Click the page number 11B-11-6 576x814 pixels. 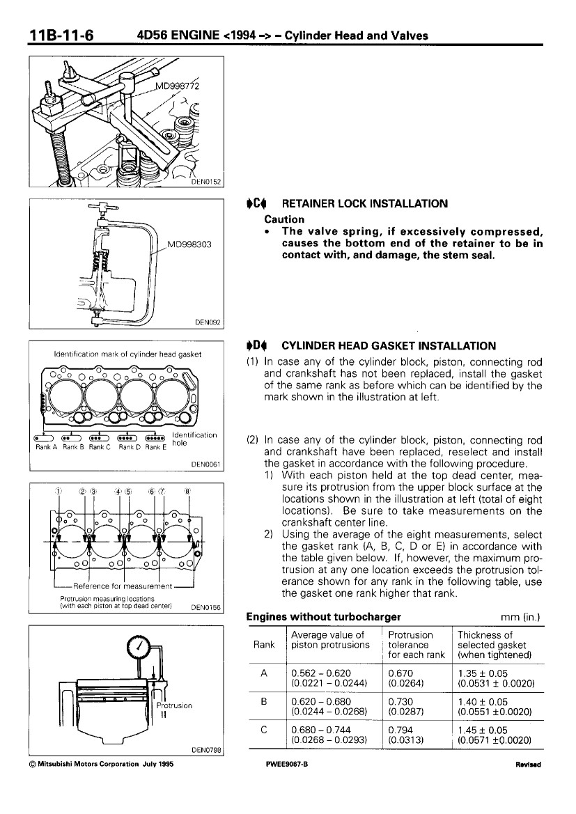[61, 35]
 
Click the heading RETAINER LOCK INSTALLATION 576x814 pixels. [364, 204]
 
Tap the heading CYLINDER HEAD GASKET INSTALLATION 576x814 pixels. [388, 345]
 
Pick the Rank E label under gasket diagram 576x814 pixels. [156, 447]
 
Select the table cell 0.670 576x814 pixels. [398, 673]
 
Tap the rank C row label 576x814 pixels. [264, 730]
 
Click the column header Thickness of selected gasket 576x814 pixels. [492, 645]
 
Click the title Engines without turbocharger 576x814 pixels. [324, 617]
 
